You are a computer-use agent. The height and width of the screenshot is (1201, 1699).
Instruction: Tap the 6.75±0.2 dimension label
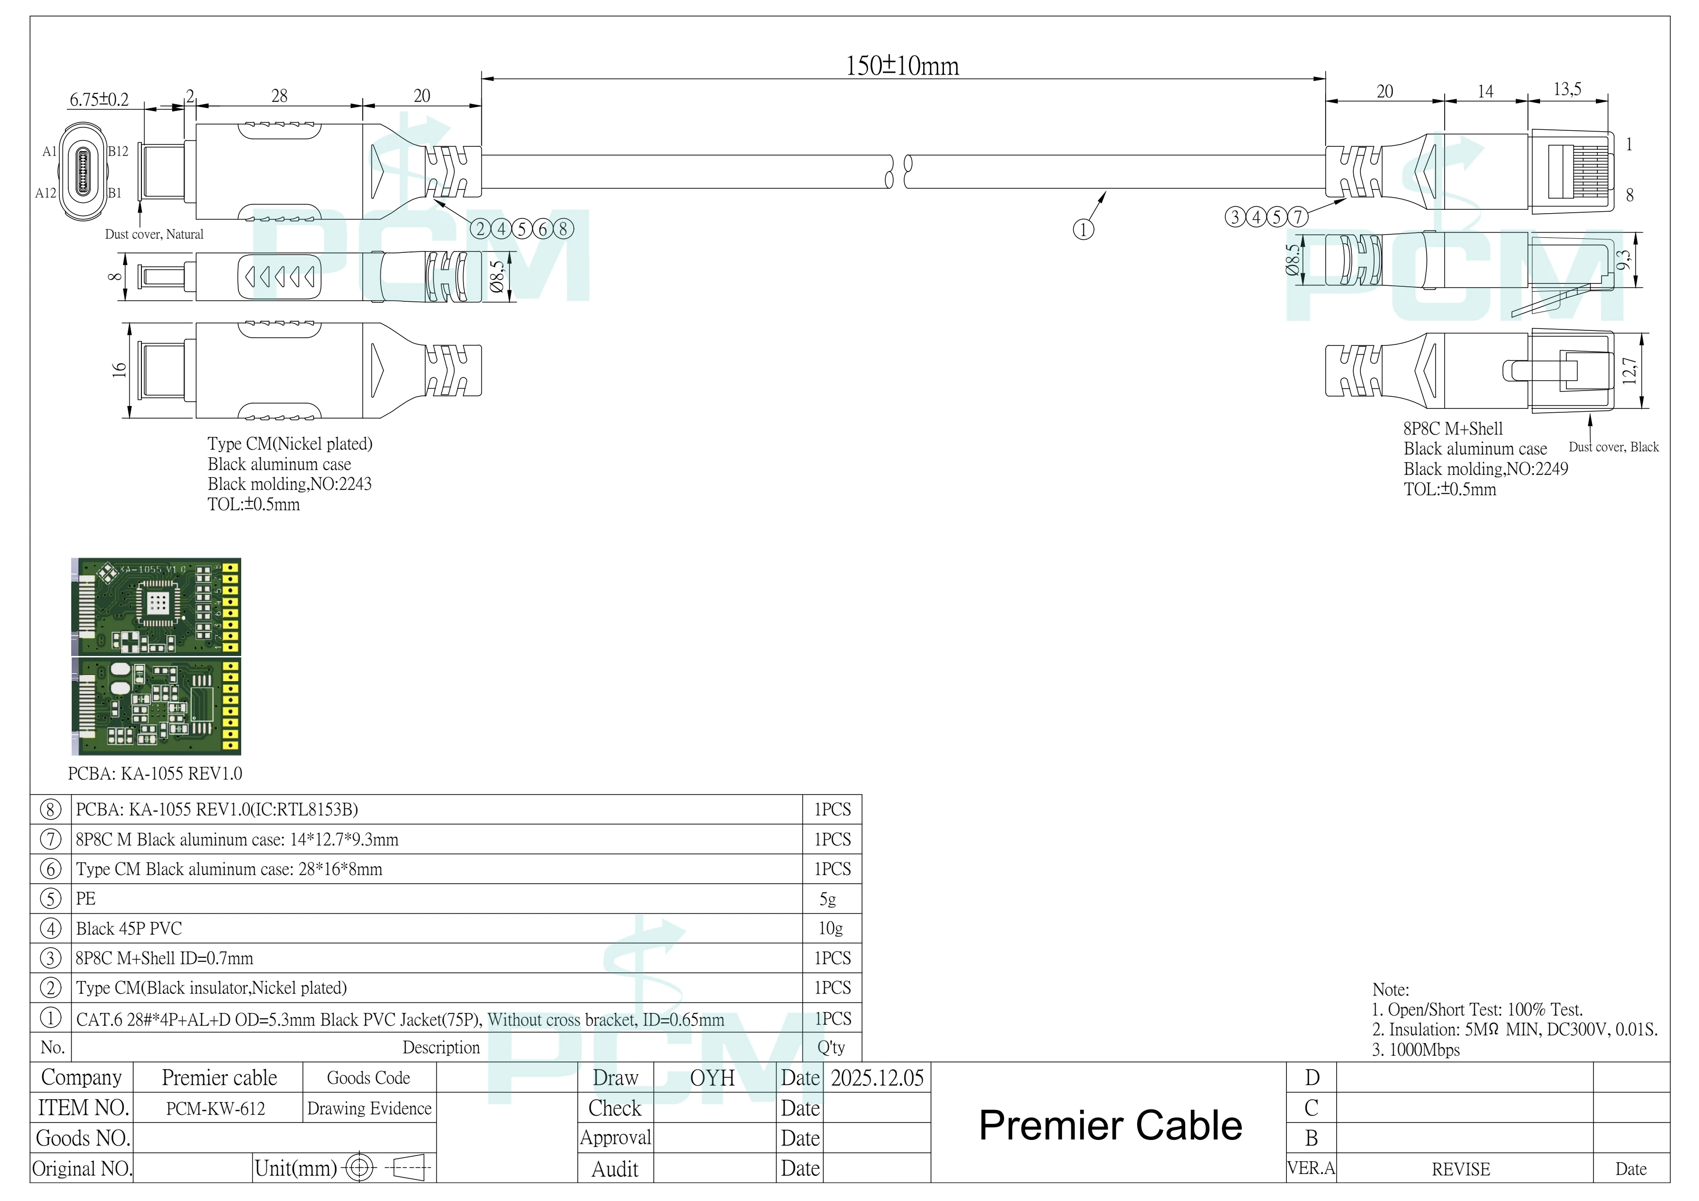coord(99,100)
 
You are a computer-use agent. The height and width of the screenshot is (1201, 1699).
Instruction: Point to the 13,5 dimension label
coord(1567,90)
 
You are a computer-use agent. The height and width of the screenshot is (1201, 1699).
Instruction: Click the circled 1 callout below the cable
coord(1083,230)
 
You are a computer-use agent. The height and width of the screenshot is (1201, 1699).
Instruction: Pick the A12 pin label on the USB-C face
coord(46,193)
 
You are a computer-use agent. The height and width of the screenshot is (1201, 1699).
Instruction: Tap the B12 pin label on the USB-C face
coord(118,152)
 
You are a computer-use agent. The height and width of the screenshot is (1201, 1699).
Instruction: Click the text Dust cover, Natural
coord(154,234)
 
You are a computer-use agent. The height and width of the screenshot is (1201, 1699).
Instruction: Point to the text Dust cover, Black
coord(1614,447)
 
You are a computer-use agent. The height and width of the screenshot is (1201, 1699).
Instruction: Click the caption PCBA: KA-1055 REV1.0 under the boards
coord(154,774)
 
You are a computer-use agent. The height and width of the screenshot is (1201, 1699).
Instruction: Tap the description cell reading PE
coord(86,899)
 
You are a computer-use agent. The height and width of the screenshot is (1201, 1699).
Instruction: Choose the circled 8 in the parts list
coord(50,810)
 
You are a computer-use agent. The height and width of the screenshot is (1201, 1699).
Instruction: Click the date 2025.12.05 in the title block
coord(878,1078)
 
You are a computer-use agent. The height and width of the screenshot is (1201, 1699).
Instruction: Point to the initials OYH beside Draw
coord(712,1078)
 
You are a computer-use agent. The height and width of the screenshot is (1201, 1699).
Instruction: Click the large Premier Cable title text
coord(1111,1125)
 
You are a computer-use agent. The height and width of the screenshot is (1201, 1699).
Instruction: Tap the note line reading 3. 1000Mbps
coord(1416,1050)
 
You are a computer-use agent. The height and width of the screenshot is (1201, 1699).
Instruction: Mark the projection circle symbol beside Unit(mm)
coord(360,1169)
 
